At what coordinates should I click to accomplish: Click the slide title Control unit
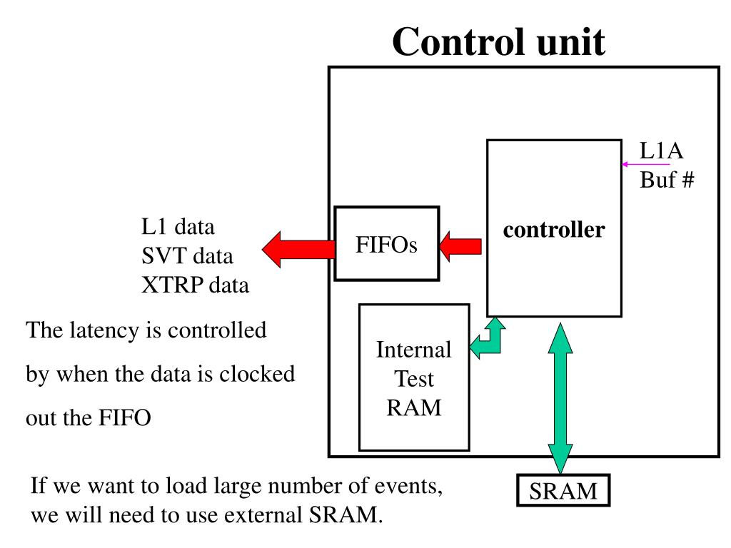[x=498, y=43]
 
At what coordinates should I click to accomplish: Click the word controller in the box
[x=554, y=230]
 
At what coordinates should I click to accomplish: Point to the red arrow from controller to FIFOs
[x=460, y=245]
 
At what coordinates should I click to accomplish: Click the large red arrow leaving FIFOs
[x=298, y=248]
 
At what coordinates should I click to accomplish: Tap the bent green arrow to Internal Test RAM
[x=489, y=342]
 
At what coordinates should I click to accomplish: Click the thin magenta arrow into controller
[x=645, y=164]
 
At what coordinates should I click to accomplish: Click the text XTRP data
[x=195, y=285]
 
